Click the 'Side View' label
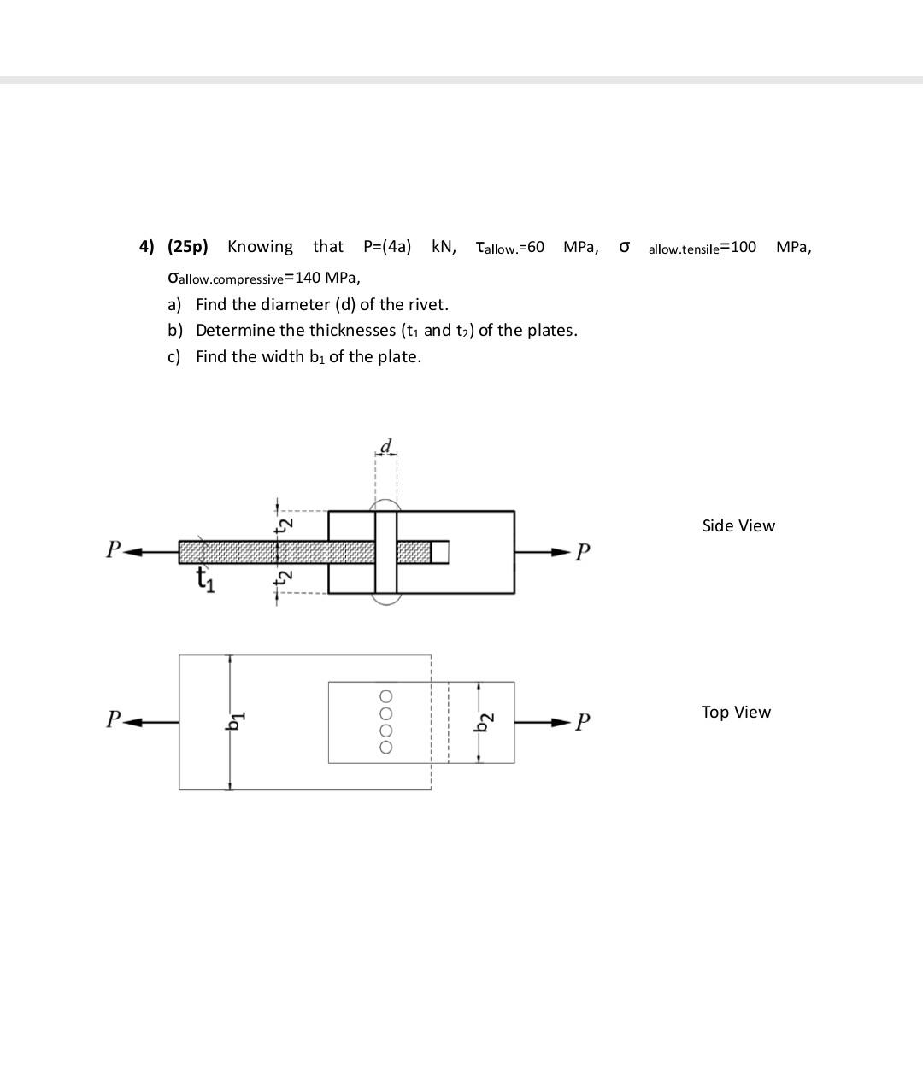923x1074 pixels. click(738, 525)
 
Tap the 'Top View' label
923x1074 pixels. click(736, 712)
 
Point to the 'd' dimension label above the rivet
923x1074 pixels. click(386, 446)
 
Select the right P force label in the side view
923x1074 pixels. click(582, 552)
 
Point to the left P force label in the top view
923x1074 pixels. click(113, 719)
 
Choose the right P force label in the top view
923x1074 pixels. click(582, 723)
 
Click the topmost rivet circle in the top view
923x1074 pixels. click(386, 695)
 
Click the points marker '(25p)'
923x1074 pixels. click(187, 247)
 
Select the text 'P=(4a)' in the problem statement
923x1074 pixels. click(386, 247)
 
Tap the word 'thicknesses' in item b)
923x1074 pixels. click(352, 331)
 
